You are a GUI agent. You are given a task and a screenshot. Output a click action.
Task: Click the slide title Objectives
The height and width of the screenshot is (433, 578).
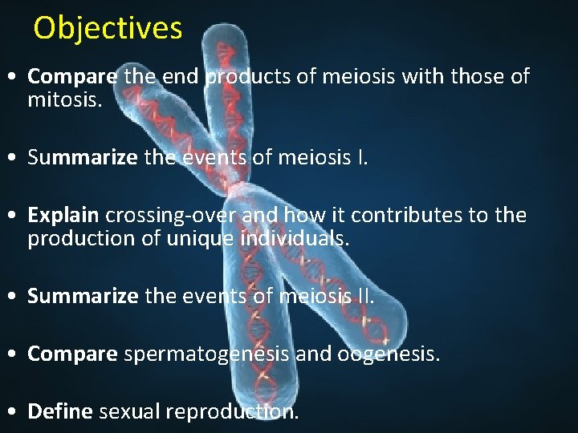(x=108, y=28)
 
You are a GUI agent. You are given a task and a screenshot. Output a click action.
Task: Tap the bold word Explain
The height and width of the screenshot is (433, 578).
(x=63, y=216)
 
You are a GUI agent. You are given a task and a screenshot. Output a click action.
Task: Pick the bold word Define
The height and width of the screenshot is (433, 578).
(x=60, y=411)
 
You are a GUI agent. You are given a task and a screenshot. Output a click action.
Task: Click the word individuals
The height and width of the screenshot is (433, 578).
(x=295, y=238)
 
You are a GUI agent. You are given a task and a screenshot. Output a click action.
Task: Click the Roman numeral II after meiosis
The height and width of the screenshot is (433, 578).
(x=364, y=296)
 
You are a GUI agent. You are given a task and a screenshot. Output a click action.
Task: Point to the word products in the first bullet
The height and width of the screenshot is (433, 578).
(x=242, y=77)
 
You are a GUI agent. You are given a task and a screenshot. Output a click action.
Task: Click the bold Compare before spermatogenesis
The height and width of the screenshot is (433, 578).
(x=72, y=354)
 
